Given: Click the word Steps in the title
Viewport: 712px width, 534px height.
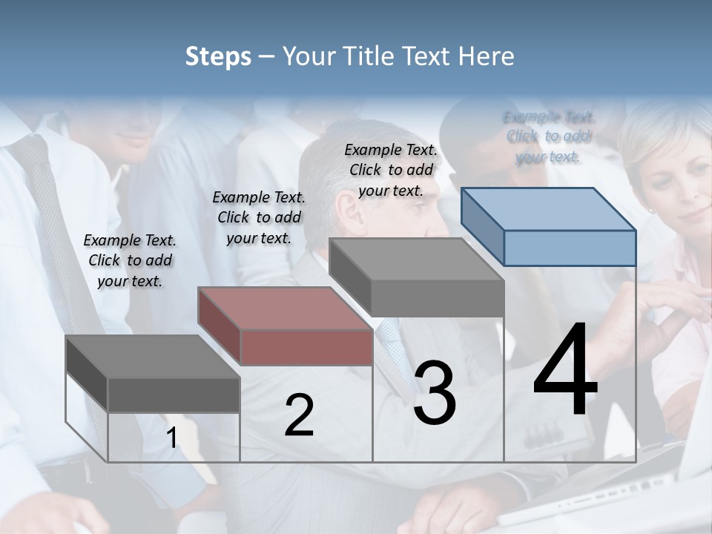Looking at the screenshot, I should (x=218, y=56).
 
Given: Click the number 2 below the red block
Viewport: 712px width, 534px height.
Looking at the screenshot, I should (x=299, y=415).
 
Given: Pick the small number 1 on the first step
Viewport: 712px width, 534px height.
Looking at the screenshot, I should (x=172, y=438).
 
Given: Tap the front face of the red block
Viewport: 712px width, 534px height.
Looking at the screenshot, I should (x=306, y=347).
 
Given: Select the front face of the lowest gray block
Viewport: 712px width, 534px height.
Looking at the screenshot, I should (x=174, y=395).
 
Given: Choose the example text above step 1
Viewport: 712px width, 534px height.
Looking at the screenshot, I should (x=130, y=260).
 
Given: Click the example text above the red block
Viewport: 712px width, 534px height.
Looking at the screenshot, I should (x=259, y=217).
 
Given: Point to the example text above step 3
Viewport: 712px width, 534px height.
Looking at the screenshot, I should (x=391, y=170).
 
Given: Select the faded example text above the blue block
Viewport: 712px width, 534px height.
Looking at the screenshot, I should (x=549, y=136).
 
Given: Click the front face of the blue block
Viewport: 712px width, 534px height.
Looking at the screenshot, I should (x=570, y=248).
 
